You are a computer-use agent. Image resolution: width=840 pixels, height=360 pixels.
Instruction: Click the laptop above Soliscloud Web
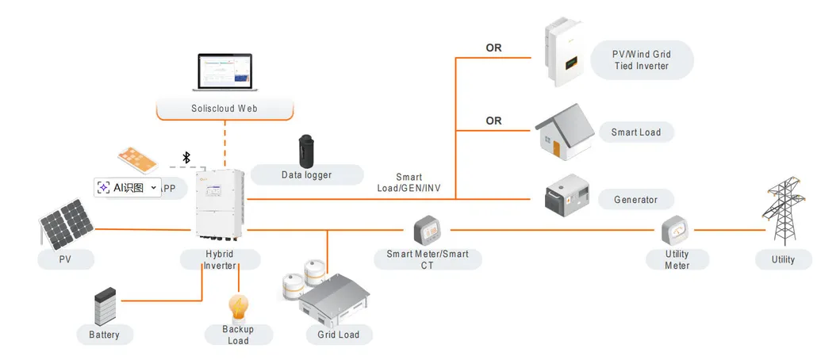pyautogui.click(x=222, y=73)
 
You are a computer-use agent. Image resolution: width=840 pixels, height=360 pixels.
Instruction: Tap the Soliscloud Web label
pyautogui.click(x=224, y=108)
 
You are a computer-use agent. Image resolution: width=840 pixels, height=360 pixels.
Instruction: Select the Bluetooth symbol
pyautogui.click(x=187, y=157)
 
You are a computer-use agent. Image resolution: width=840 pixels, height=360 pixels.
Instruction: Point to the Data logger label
pyautogui.click(x=306, y=174)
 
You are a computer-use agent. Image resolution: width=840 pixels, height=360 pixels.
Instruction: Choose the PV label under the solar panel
pyautogui.click(x=66, y=259)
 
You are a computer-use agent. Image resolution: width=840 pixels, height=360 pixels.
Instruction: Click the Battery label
pyautogui.click(x=104, y=335)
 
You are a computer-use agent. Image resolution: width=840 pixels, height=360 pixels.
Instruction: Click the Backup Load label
pyautogui.click(x=238, y=335)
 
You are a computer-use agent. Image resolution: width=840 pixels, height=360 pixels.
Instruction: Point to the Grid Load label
pyautogui.click(x=339, y=335)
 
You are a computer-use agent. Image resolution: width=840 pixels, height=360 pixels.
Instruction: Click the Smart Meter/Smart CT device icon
pyautogui.click(x=427, y=230)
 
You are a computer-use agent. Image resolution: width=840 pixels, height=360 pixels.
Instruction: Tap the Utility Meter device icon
pyautogui.click(x=677, y=230)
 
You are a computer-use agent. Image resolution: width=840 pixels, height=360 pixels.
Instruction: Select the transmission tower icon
pyautogui.click(x=783, y=213)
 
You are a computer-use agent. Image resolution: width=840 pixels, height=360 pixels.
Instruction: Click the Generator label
pyautogui.click(x=635, y=200)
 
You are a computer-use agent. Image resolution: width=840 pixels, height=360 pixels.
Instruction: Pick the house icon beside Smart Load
pyautogui.click(x=565, y=131)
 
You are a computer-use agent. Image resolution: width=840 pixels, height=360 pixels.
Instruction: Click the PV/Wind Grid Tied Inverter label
pyautogui.click(x=641, y=60)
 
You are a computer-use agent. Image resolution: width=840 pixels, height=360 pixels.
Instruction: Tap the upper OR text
pyautogui.click(x=493, y=48)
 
